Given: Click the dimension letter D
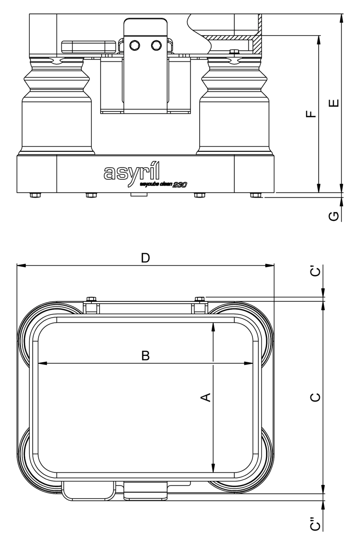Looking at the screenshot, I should (x=145, y=258).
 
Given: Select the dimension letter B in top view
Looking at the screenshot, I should (x=145, y=355).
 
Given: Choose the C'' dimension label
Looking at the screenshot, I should (x=315, y=524).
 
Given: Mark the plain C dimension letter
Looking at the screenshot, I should (x=315, y=397).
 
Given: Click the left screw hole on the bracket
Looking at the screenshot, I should (x=134, y=45).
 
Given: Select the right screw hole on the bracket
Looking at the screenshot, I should (x=156, y=45).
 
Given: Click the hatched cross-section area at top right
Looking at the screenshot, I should (x=233, y=37).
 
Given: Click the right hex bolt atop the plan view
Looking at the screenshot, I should (x=200, y=299).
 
